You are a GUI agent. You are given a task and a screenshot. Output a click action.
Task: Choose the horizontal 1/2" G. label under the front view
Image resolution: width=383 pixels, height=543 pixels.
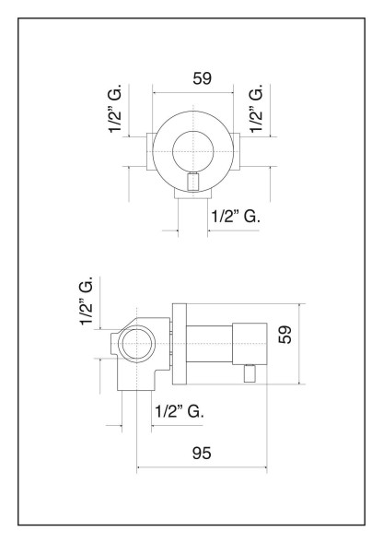pos(236,217)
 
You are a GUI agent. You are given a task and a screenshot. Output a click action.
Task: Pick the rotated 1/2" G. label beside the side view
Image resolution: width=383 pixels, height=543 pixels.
pos(87,300)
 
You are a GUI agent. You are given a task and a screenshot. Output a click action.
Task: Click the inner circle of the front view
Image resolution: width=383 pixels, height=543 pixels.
pos(192,147)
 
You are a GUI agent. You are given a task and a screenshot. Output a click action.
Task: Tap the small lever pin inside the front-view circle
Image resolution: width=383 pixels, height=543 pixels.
pos(192,182)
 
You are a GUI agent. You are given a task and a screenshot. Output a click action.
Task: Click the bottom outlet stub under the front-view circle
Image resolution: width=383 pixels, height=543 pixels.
pos(191,195)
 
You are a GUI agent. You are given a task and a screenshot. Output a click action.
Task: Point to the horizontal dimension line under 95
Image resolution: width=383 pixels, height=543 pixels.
pos(202,467)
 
